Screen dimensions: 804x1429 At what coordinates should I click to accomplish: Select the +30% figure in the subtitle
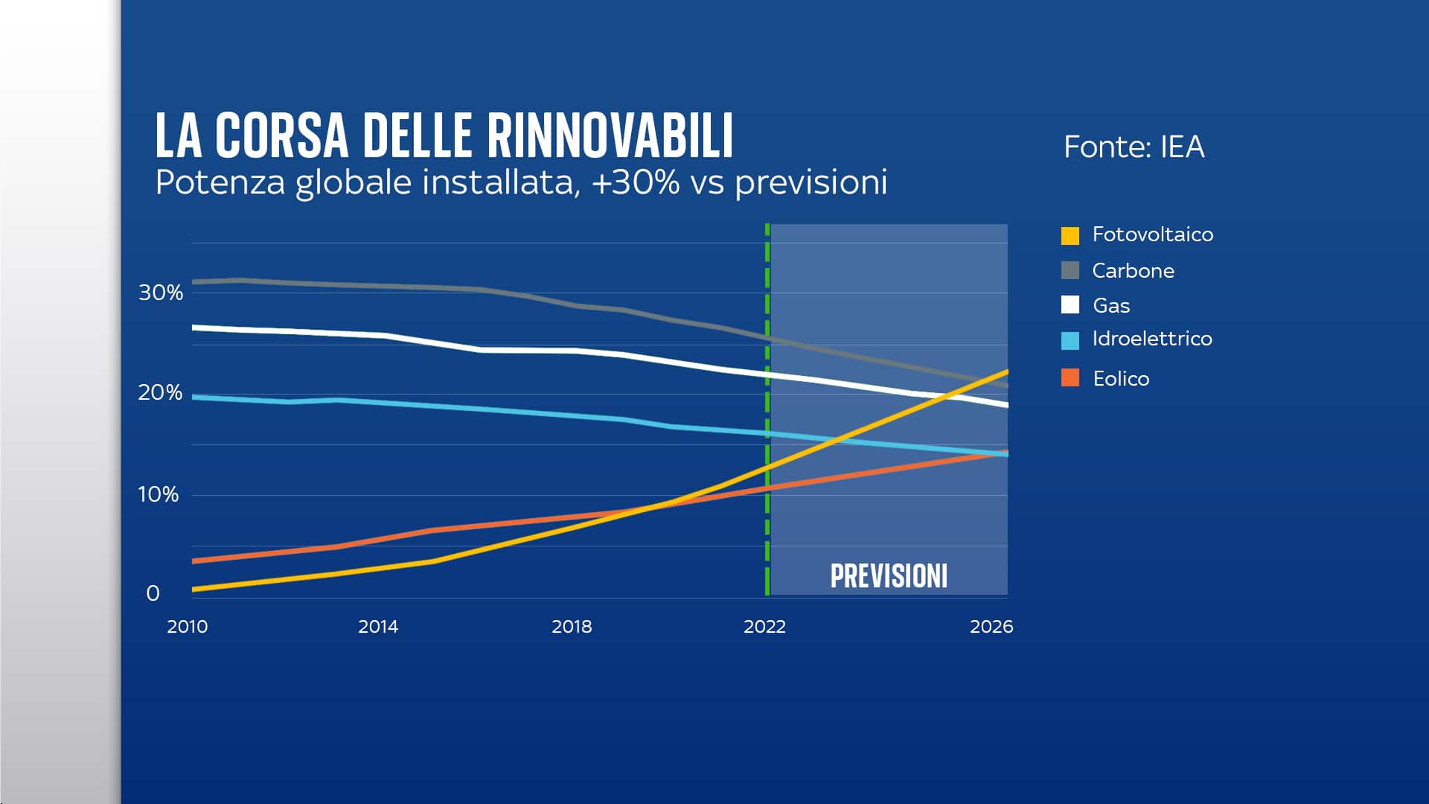[x=636, y=182]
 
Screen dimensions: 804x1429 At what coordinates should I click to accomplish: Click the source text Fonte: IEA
[x=1134, y=147]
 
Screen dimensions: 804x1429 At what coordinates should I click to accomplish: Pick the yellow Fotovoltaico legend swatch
[x=1070, y=235]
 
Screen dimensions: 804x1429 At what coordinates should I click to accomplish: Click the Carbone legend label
[x=1133, y=270]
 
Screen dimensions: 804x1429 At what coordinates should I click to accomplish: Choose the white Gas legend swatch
[x=1070, y=304]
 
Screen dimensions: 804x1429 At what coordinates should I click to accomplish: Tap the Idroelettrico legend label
[x=1151, y=339]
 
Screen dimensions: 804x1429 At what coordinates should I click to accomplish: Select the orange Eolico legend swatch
[x=1070, y=377]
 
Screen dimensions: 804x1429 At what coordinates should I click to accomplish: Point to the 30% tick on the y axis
[x=161, y=293]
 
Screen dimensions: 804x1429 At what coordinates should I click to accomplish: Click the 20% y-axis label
[x=160, y=392]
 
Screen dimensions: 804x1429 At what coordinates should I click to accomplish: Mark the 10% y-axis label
[x=159, y=494]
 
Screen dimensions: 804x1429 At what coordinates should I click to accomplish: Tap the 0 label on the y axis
[x=153, y=593]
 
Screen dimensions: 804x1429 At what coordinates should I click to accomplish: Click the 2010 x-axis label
[x=188, y=627]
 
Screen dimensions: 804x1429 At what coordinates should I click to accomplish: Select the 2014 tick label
[x=378, y=627]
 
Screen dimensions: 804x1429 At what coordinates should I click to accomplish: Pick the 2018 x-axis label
[x=572, y=627]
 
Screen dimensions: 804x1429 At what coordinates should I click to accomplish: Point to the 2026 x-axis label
[x=991, y=627]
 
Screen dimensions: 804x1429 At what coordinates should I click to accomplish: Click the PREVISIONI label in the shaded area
[x=889, y=576]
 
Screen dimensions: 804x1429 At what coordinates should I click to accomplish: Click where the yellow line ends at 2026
[x=1006, y=371]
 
